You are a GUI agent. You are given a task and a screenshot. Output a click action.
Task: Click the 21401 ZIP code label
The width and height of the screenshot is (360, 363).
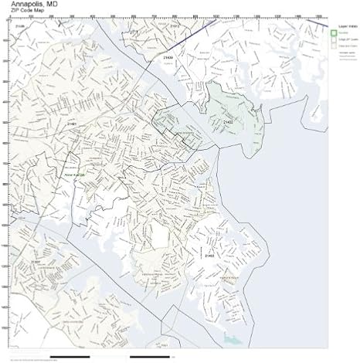coord(72,124)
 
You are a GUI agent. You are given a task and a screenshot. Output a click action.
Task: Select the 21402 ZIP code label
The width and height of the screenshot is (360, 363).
coord(228,121)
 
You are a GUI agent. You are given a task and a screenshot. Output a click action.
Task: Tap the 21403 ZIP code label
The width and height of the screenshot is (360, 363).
coord(209,255)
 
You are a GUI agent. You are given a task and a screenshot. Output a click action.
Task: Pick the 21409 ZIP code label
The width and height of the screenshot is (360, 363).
coord(168,56)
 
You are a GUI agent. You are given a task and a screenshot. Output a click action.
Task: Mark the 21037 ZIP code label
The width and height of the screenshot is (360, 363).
coord(36,262)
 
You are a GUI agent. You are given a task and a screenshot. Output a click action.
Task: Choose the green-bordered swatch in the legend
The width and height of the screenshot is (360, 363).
coord(334,33)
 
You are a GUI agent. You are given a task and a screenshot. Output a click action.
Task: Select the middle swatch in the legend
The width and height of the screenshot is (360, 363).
coord(334,39)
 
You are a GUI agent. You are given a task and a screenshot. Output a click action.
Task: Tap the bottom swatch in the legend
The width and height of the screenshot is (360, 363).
coord(334,46)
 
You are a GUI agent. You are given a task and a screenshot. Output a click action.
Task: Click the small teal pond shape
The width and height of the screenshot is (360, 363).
coord(231,338)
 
